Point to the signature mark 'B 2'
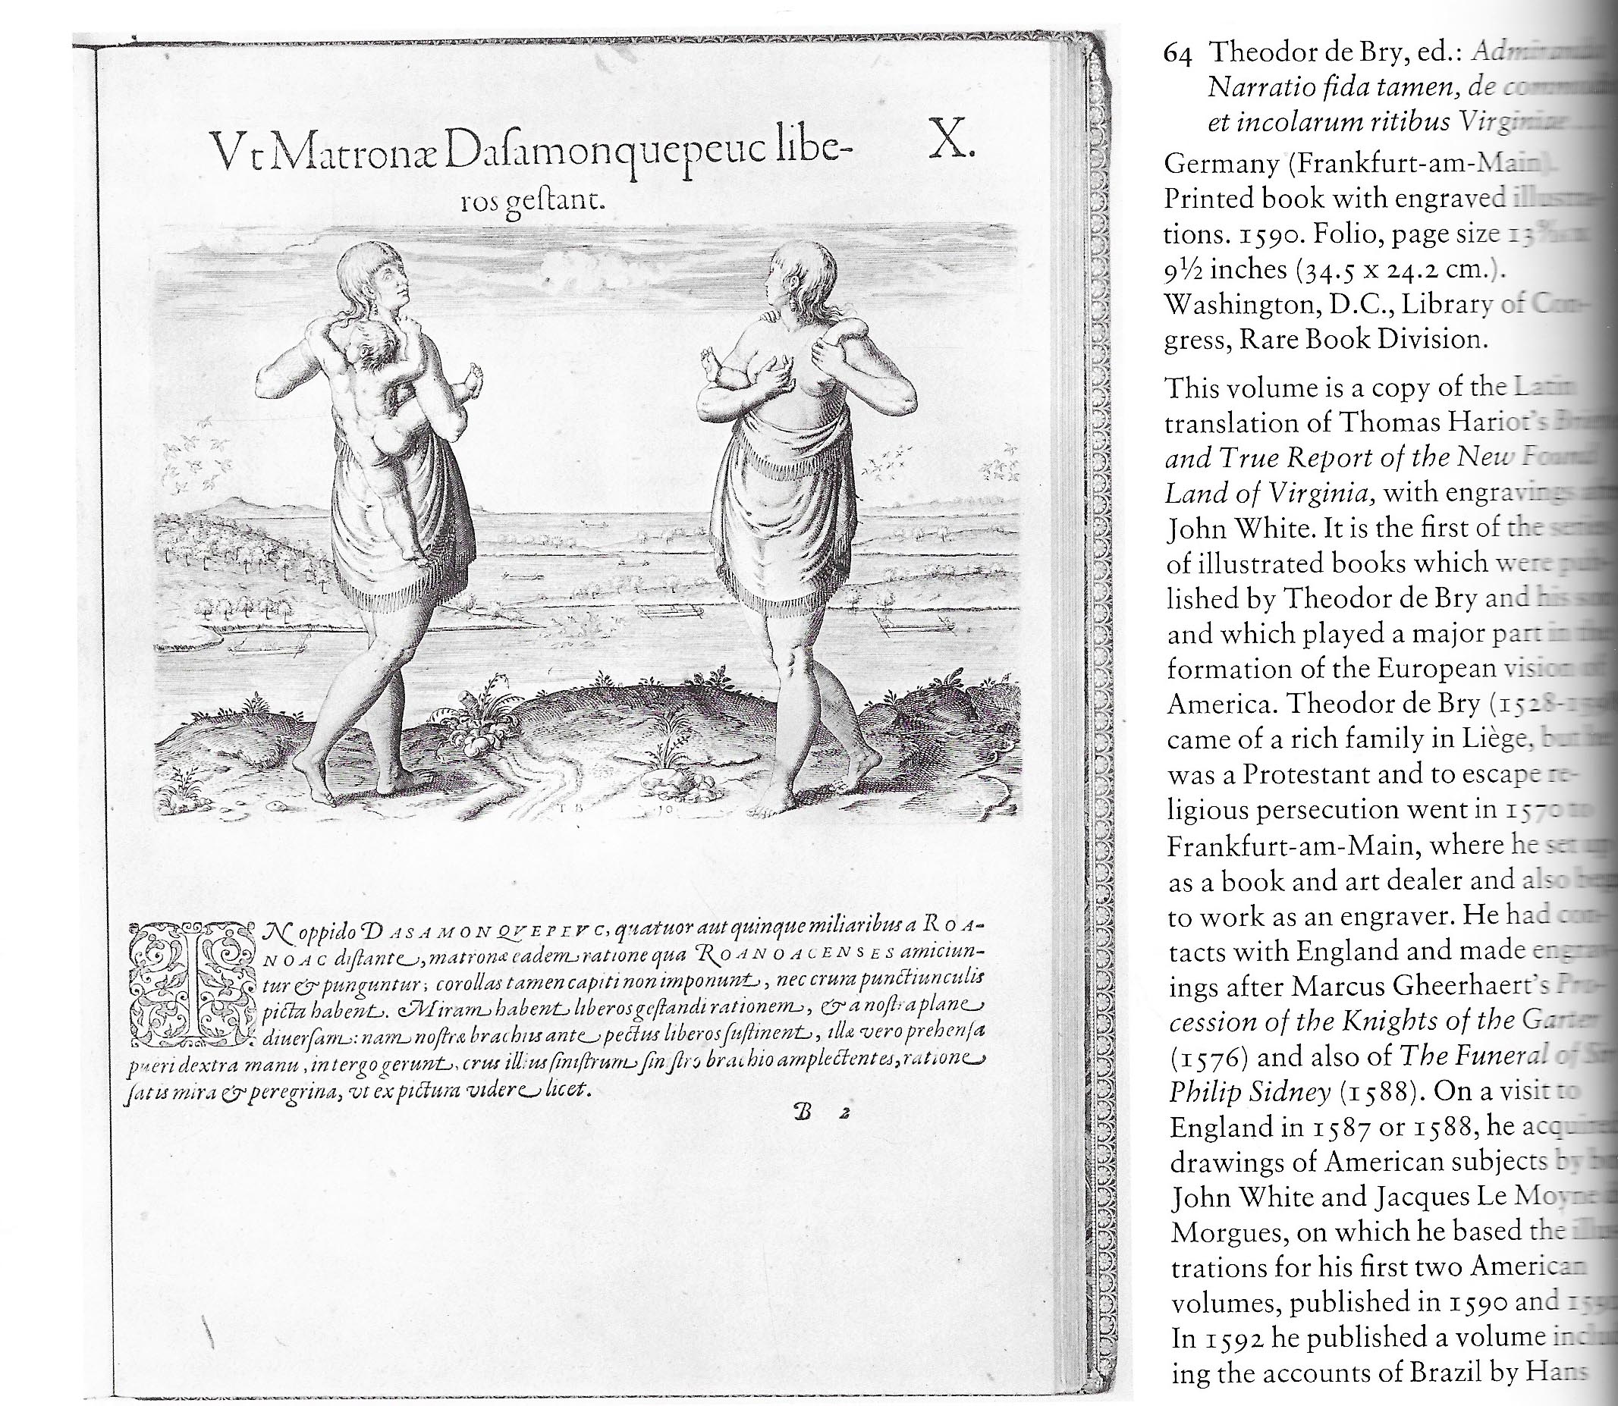point(817,1113)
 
